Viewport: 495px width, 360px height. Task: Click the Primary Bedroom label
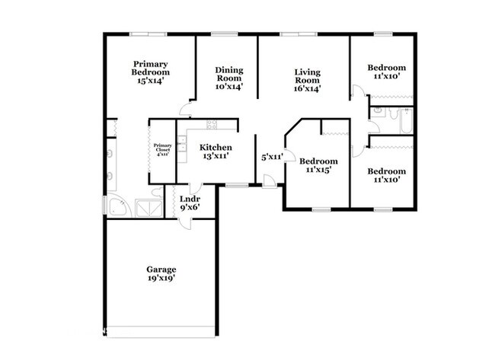coord(150,71)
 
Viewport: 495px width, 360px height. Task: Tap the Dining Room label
coord(228,78)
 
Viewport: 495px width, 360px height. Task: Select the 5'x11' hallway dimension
coord(272,157)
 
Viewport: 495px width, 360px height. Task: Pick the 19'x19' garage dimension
coord(161,279)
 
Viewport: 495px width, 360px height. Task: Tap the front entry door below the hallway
coord(269,181)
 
